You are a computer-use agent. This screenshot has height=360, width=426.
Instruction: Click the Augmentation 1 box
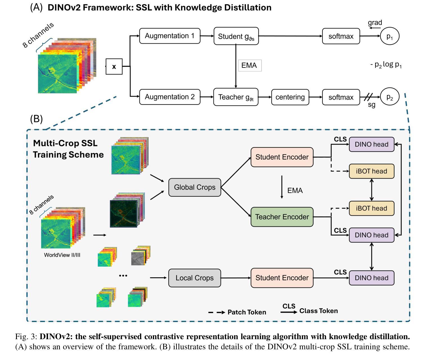coord(170,36)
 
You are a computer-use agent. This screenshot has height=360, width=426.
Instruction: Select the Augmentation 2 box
coord(170,97)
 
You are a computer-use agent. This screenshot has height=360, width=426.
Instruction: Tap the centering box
coord(290,97)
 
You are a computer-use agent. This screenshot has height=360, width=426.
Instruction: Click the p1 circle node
coord(389,36)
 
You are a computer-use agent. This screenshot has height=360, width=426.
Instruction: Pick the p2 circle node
coord(389,96)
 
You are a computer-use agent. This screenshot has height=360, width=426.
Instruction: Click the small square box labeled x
coord(114,67)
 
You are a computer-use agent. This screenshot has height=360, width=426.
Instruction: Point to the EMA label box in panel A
coord(250,66)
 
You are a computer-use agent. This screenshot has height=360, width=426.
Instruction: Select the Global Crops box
coord(195,187)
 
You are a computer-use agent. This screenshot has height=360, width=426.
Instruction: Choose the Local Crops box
coord(195,278)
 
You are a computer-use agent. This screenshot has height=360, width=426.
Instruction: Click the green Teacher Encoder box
coord(282,217)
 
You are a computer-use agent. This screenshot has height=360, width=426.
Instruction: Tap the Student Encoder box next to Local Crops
coord(282,278)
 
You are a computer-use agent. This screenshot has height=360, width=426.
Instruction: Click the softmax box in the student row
coord(341,36)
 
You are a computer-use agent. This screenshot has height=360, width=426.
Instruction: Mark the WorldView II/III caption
coord(62,255)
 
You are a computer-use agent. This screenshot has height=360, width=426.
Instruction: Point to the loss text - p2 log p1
coord(386,65)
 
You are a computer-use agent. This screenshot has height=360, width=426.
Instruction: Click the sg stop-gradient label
coord(371,105)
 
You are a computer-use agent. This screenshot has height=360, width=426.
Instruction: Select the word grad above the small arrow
coord(375,22)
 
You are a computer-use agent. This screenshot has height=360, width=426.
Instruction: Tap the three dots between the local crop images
coord(123,276)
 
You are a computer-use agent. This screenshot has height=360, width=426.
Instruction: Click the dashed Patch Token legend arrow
coord(217,312)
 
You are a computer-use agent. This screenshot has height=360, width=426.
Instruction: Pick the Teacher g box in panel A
coord(236,97)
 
